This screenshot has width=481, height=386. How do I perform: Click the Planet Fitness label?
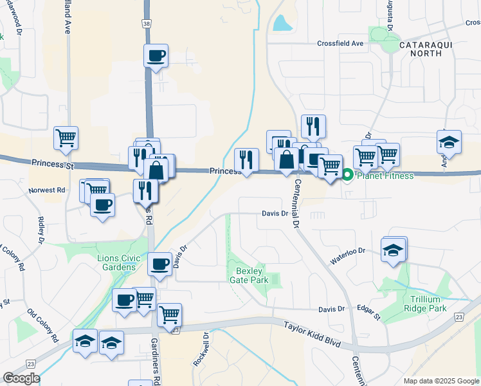pyautogui.click(x=385, y=176)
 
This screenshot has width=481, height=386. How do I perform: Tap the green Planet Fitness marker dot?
pyautogui.click(x=348, y=174)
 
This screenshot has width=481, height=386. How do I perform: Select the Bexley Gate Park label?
pyautogui.click(x=248, y=275)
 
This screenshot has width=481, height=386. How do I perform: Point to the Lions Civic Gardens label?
pyautogui.click(x=116, y=262)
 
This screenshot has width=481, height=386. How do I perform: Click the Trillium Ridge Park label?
pyautogui.click(x=428, y=304)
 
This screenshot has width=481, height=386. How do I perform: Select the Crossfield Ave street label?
pyautogui.click(x=340, y=44)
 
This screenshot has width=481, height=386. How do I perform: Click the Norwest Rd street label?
pyautogui.click(x=47, y=190)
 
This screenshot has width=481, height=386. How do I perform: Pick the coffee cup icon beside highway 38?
pyautogui.click(x=156, y=55)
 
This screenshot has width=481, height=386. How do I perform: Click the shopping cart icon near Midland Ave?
pyautogui.click(x=66, y=138)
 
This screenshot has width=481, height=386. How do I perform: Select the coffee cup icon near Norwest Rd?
pyautogui.click(x=102, y=205)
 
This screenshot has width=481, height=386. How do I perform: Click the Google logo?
pyautogui.click(x=21, y=378)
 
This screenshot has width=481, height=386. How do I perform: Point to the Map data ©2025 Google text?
pyautogui.click(x=441, y=381)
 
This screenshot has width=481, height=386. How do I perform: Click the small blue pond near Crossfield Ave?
pyautogui.click(x=282, y=23)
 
